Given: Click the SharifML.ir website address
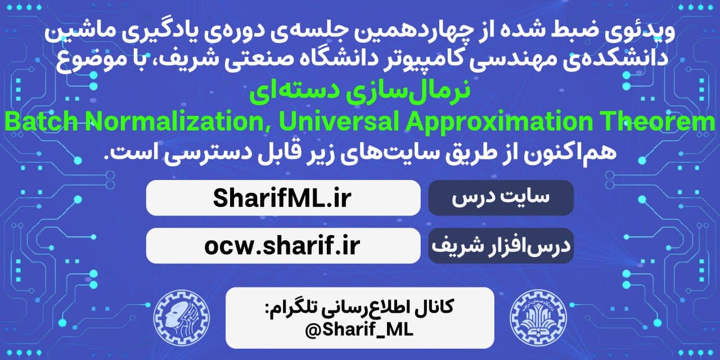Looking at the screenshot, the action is point(282,198).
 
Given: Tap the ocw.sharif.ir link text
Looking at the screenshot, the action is point(282,246).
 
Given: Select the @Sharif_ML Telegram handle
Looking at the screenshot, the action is point(359,330).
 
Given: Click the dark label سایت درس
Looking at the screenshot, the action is point(501,197).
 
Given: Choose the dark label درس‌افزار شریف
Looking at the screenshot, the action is point(501,246).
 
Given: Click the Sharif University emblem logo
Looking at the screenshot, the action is point(538,318).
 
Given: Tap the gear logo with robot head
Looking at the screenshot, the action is point(182,318).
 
